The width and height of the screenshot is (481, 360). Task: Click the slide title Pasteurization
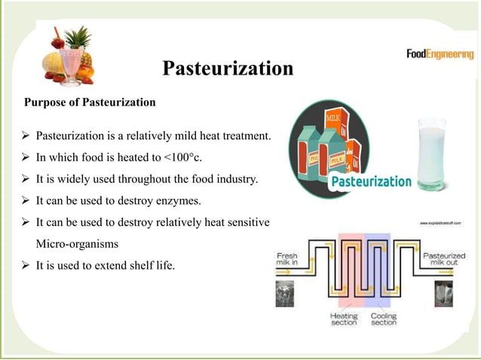coord(228,69)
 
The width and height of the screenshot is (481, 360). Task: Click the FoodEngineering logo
coord(440,55)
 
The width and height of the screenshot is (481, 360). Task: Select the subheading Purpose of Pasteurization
coord(90,102)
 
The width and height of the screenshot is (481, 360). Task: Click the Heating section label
coord(343,319)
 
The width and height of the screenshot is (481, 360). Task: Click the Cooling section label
coord(383,319)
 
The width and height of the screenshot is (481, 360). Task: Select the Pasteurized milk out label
coord(443,260)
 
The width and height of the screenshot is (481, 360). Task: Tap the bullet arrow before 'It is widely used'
coord(26,181)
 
